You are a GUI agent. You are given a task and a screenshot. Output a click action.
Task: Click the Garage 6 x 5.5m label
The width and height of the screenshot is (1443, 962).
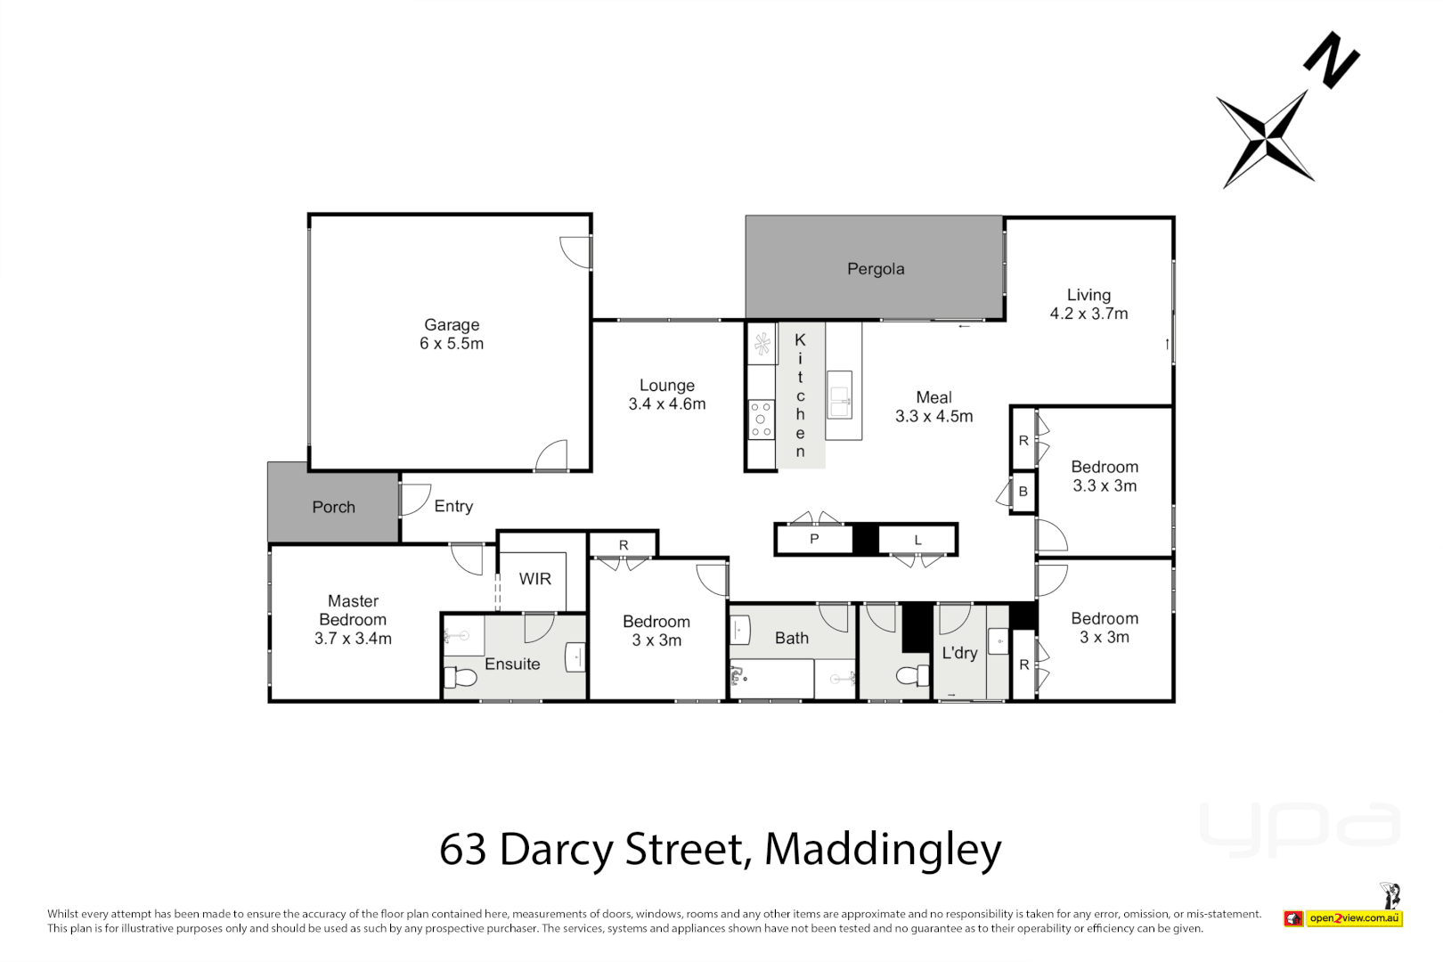point(452,334)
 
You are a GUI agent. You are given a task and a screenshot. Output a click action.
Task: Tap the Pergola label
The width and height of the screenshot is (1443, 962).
point(876,269)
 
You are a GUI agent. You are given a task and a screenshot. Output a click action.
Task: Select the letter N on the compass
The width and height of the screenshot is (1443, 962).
point(1331,61)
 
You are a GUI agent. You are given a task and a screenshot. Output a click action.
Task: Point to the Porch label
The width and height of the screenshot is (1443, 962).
point(333,507)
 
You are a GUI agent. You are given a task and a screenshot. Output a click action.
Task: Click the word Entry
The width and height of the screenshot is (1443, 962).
point(453,506)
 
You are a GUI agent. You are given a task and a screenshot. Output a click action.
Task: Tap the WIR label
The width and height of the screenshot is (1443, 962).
point(534,579)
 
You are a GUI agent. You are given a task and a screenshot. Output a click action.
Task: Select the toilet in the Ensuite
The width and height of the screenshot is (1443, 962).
point(461,678)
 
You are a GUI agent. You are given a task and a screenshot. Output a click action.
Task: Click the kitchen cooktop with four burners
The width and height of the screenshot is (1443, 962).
point(761,419)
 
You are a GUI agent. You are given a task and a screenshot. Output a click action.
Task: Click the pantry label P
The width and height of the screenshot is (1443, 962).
point(814,540)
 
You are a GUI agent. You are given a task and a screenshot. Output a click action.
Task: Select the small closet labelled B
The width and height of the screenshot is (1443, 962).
point(1023,492)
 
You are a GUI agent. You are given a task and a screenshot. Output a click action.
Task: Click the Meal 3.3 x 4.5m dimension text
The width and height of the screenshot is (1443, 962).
point(933,416)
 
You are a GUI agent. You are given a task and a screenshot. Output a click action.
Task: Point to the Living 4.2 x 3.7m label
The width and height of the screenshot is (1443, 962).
point(1088,304)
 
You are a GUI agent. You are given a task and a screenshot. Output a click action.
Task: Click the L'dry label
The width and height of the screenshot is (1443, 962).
point(959,653)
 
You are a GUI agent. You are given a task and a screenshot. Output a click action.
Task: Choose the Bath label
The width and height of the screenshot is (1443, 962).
point(791,638)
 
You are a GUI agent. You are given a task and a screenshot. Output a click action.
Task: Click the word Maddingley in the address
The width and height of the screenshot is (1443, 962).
point(883,849)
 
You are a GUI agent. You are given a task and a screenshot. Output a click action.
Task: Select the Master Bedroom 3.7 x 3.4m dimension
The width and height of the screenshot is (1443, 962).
point(353,639)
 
